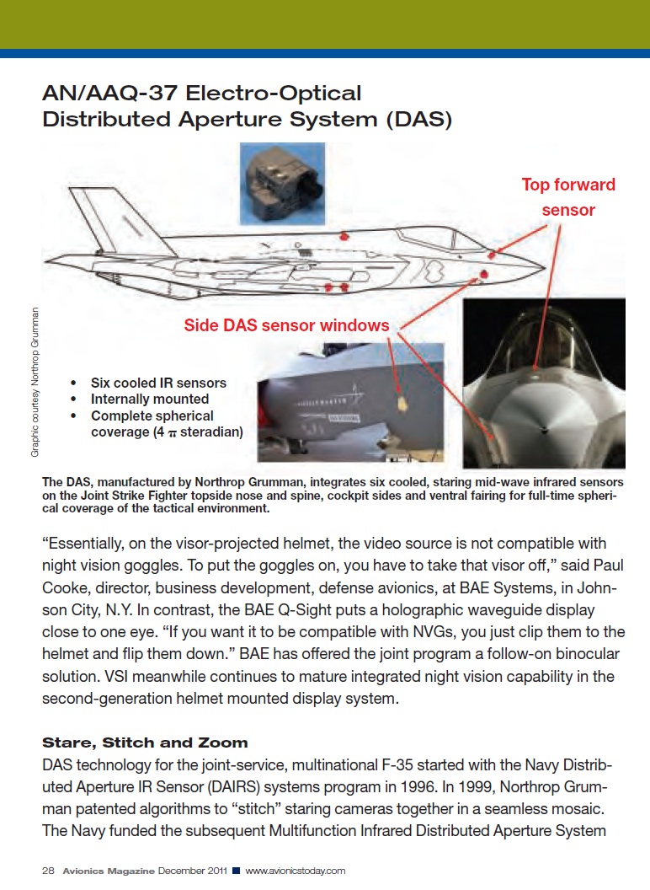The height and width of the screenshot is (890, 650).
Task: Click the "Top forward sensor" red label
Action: (x=568, y=196)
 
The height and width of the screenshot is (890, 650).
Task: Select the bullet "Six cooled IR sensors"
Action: (x=158, y=383)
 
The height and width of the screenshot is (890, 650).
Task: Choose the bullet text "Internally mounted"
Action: (x=150, y=399)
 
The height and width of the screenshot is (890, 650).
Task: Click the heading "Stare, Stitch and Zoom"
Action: (x=145, y=743)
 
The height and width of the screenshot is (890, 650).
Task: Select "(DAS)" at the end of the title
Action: (x=418, y=120)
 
